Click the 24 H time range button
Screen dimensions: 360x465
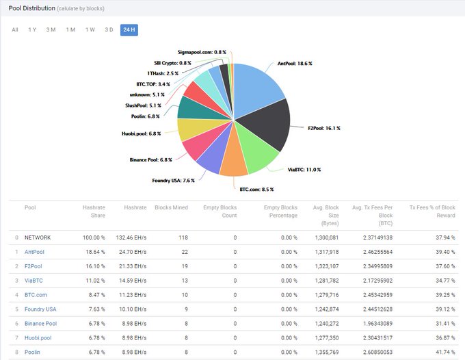[129, 29]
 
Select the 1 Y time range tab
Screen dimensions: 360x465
[32, 29]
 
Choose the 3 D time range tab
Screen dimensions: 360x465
[109, 29]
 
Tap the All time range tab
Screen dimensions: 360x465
[15, 29]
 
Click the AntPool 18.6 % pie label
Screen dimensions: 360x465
[295, 64]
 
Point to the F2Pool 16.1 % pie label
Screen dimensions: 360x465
[324, 128]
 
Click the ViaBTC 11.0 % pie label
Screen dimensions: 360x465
[304, 169]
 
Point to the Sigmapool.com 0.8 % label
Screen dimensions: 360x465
[202, 52]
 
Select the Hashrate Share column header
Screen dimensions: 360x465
[94, 211]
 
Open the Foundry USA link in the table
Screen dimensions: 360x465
[40, 309]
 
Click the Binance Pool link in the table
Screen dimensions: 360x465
[40, 323]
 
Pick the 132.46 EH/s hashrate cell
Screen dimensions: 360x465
[131, 237]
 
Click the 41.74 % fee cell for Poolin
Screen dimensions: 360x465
[444, 352]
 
